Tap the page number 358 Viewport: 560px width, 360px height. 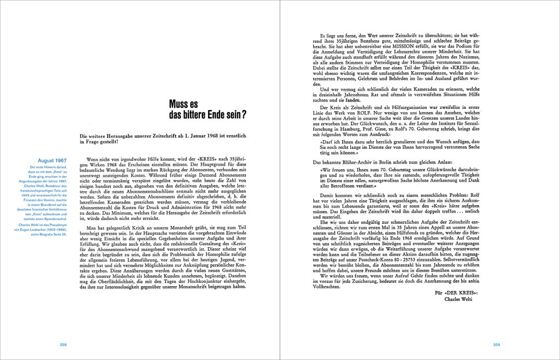(63, 344)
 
